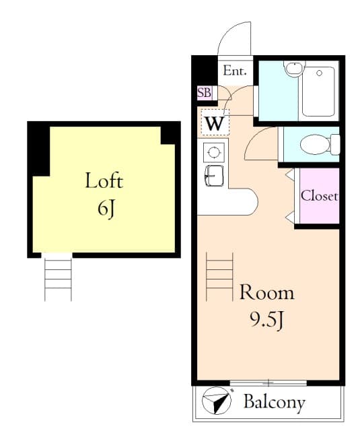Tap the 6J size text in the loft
[x=104, y=208]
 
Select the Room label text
[x=267, y=293]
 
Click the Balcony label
[x=274, y=403]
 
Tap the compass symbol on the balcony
[x=215, y=402]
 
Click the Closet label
[x=319, y=197]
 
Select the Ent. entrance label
[x=235, y=71]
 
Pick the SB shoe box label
[x=203, y=93]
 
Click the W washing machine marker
[x=215, y=123]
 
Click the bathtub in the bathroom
[x=318, y=90]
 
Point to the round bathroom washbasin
[x=293, y=68]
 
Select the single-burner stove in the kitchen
[x=214, y=152]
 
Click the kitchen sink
[x=214, y=174]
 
